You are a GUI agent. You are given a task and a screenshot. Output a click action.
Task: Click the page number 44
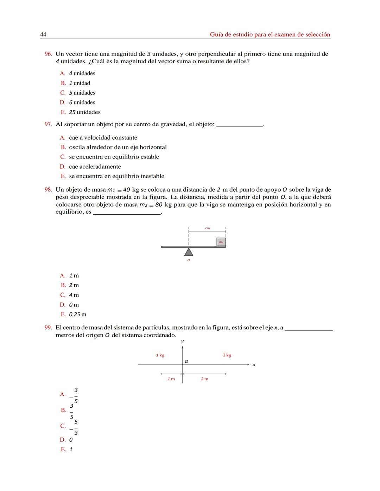43,34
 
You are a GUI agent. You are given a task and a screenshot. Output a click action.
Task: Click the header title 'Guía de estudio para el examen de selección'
270,34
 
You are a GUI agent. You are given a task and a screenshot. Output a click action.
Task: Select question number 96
48,54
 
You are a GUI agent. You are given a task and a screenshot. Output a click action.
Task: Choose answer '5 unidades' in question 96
82,93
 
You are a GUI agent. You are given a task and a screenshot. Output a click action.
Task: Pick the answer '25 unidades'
84,112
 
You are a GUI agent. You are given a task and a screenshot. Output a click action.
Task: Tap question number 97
48,124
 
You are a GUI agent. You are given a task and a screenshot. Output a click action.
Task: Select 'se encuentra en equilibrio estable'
114,157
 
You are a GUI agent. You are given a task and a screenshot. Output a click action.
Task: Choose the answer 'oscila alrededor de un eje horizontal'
118,147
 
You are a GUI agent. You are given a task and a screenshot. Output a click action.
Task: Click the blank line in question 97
239,125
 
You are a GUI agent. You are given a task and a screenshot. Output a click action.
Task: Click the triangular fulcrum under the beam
189,252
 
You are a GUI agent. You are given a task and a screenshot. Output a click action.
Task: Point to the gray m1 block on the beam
221,242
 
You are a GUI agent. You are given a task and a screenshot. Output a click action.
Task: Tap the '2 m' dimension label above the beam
207,228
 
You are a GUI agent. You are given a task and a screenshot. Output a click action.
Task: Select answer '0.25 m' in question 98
77,314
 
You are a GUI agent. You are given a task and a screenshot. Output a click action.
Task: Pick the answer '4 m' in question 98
74,295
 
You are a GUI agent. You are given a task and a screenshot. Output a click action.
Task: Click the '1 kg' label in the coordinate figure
160,355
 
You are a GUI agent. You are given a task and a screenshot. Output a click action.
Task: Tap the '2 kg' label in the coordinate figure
227,355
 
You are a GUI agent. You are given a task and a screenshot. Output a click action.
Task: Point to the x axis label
254,365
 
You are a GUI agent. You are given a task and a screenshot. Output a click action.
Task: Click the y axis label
182,341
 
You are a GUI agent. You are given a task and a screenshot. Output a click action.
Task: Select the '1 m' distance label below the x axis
171,379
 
